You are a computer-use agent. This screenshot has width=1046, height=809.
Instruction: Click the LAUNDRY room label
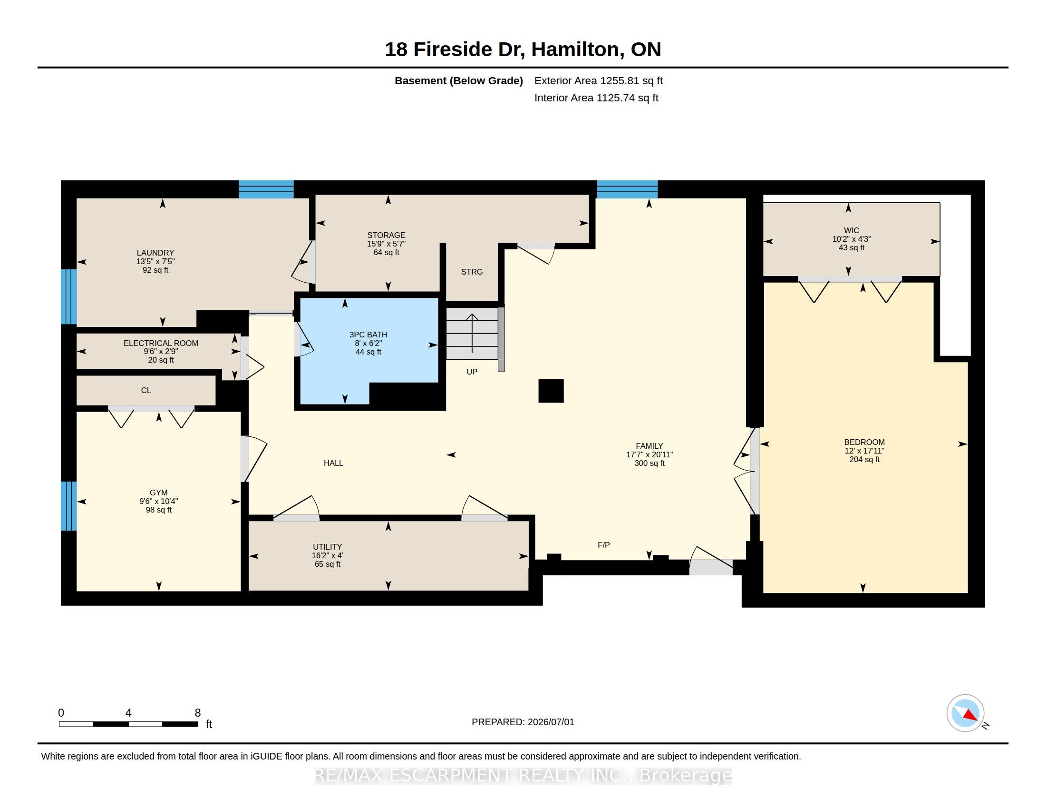(155, 253)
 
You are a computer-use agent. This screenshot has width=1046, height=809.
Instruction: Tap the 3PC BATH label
(368, 335)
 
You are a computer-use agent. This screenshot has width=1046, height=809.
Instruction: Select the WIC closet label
(852, 230)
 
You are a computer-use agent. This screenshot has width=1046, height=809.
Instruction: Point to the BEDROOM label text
(864, 442)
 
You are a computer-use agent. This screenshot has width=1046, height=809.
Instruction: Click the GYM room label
(158, 492)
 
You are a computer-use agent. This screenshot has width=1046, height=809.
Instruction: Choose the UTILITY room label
(328, 547)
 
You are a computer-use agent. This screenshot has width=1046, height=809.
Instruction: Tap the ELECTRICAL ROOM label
(161, 343)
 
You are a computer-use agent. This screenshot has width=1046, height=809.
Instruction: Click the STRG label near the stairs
(472, 272)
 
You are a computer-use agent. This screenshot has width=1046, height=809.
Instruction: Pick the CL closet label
(146, 390)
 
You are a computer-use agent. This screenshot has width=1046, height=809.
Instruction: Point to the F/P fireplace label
(603, 545)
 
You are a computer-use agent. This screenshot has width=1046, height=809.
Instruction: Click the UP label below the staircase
(472, 372)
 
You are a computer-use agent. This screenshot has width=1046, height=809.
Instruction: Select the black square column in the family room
(551, 391)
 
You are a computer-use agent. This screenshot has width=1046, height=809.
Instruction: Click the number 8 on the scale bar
(197, 713)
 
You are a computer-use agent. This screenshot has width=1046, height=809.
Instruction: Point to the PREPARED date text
(523, 722)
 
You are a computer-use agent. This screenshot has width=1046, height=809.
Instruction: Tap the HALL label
(333, 463)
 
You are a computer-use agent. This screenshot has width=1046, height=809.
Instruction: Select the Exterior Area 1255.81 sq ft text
(599, 80)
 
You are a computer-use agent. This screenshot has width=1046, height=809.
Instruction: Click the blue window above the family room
(627, 189)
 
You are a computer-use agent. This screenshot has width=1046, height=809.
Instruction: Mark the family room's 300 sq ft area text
(649, 463)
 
